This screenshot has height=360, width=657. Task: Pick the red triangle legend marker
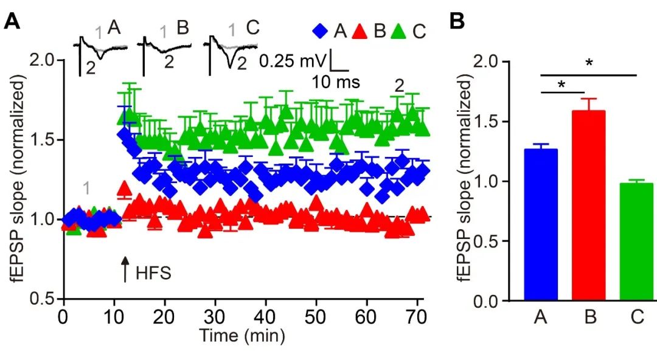click(361, 30)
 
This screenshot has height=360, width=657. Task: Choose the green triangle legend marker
click(400, 30)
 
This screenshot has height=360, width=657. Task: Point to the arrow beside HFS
click(125, 271)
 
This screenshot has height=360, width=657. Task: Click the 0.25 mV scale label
click(293, 61)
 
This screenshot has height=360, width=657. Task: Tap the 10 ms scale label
click(336, 81)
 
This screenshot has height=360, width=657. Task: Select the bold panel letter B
click(457, 22)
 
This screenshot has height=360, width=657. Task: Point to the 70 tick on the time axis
click(417, 317)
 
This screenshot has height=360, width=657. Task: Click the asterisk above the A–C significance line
click(588, 64)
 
